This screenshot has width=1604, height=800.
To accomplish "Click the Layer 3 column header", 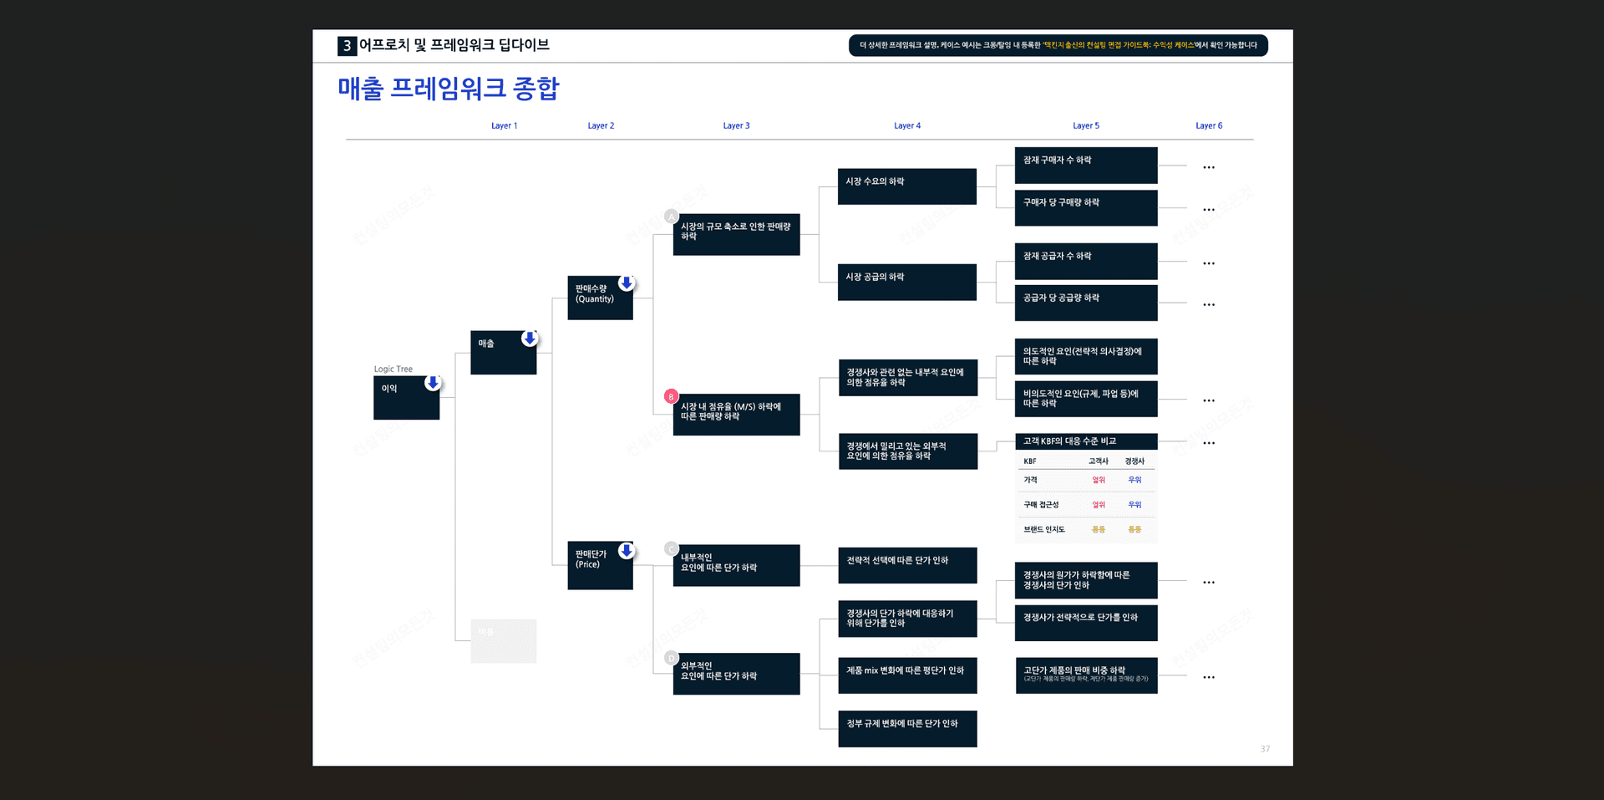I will click(x=736, y=125).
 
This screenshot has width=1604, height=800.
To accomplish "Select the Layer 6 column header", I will click(x=1208, y=125).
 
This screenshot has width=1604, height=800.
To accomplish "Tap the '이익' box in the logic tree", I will click(x=406, y=398).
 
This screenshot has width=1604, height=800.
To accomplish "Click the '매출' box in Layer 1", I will click(x=503, y=353).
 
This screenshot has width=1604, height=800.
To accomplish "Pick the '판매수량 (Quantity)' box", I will click(x=600, y=298).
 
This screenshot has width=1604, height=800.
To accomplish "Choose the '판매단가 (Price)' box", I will click(x=600, y=565).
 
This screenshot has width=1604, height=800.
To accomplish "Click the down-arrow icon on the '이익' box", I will click(x=433, y=383).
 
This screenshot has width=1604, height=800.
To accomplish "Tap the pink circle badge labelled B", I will click(x=671, y=397).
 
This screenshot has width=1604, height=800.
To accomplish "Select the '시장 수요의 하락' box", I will click(x=906, y=186).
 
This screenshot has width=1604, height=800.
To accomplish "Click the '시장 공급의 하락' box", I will click(x=906, y=282).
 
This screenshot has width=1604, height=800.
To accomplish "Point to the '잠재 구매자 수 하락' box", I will click(x=1085, y=166).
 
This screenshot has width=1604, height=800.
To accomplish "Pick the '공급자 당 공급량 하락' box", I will click(x=1085, y=303).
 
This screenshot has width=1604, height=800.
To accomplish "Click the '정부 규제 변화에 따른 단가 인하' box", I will click(x=907, y=728).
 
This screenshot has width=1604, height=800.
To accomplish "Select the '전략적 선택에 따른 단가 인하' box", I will click(x=907, y=565).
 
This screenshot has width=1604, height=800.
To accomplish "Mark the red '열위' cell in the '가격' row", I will click(x=1099, y=480).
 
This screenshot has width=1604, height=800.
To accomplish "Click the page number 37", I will click(x=1265, y=749).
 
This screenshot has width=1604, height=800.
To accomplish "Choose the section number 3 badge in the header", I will click(x=347, y=46).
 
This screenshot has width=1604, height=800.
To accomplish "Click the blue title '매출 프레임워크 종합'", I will click(x=449, y=89).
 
